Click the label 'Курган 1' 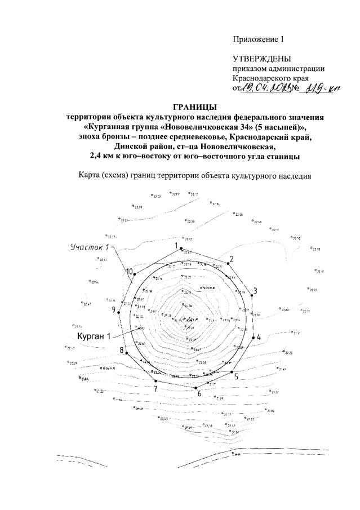tap(94, 335)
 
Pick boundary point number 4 tap(252, 336)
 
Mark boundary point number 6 tap(195, 388)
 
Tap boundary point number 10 tap(135, 274)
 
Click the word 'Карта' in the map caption tap(90, 176)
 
